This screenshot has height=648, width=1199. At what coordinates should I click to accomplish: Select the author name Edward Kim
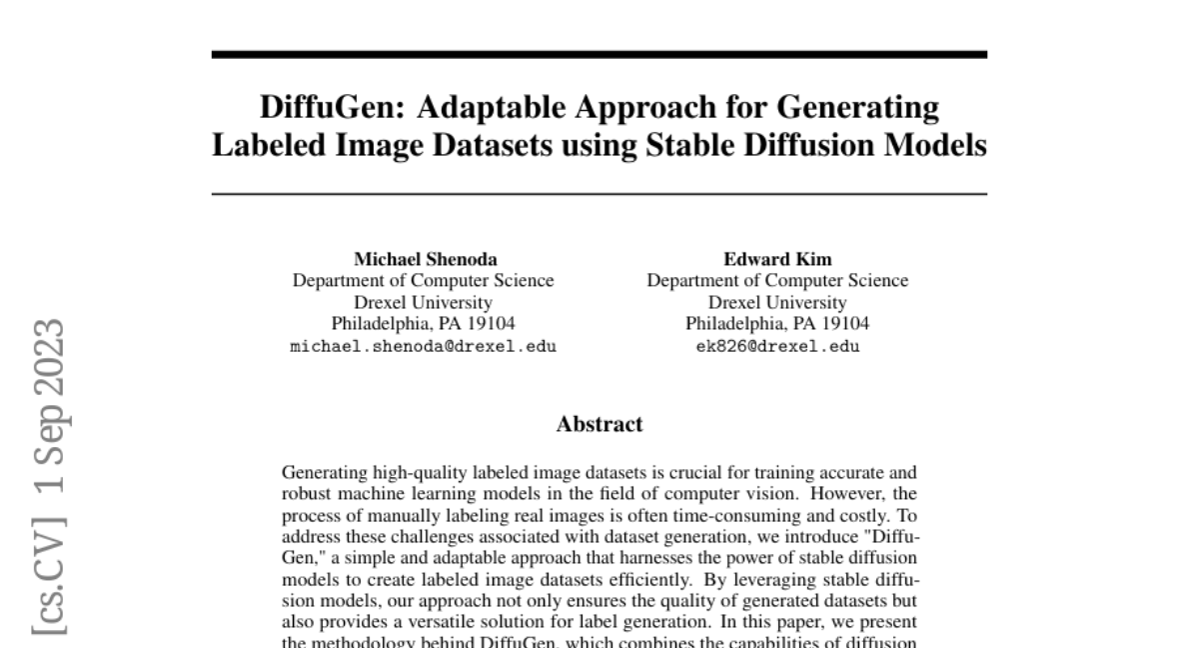tap(777, 259)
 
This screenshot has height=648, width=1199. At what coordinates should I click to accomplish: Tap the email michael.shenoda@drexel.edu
tap(423, 347)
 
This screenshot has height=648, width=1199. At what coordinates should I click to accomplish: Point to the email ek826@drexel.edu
tap(777, 347)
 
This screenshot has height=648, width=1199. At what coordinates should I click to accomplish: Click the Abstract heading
tap(599, 424)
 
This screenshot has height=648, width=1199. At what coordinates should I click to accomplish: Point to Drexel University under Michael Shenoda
tap(423, 302)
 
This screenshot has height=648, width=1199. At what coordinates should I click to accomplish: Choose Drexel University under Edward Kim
tap(777, 302)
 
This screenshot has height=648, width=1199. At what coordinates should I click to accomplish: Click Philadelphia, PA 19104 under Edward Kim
tap(777, 324)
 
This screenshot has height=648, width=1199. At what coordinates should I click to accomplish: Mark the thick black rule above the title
tap(599, 54)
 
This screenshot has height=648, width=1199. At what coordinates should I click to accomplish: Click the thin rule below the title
tap(599, 193)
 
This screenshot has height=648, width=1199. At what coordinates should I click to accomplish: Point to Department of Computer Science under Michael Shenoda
tap(423, 281)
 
